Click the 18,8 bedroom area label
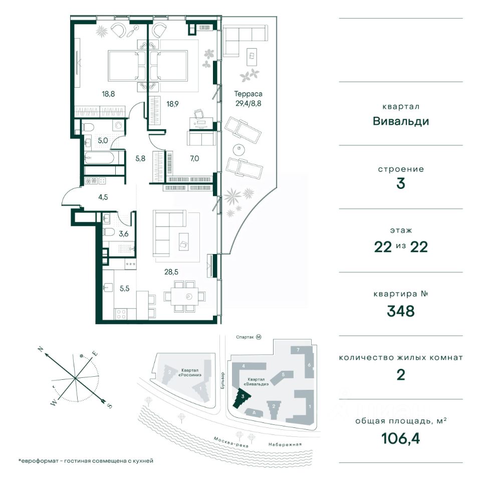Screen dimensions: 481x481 click(x=108, y=94)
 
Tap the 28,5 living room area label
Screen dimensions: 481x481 click(x=171, y=272)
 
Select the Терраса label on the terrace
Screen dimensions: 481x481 click(x=248, y=94)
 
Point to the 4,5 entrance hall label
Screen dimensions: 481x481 click(x=103, y=197)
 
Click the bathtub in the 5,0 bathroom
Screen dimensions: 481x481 click(x=99, y=158)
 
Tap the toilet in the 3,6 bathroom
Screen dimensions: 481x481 click(x=109, y=232)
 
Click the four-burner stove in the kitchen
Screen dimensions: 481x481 click(x=121, y=314)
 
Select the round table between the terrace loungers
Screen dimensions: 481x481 click(x=238, y=150)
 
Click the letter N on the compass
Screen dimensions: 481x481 click(x=40, y=349)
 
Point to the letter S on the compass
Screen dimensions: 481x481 click(x=110, y=406)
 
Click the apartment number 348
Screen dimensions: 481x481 click(x=401, y=311)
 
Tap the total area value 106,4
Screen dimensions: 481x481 click(x=401, y=438)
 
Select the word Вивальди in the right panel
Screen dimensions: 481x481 click(x=401, y=121)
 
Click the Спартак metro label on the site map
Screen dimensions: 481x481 click(x=245, y=337)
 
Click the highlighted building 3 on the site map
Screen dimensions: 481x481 click(x=242, y=398)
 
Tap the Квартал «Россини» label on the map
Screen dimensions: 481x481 click(x=191, y=372)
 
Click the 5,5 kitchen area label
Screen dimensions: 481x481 click(x=125, y=289)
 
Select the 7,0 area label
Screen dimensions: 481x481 click(x=194, y=158)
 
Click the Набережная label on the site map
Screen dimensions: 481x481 click(x=285, y=444)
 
